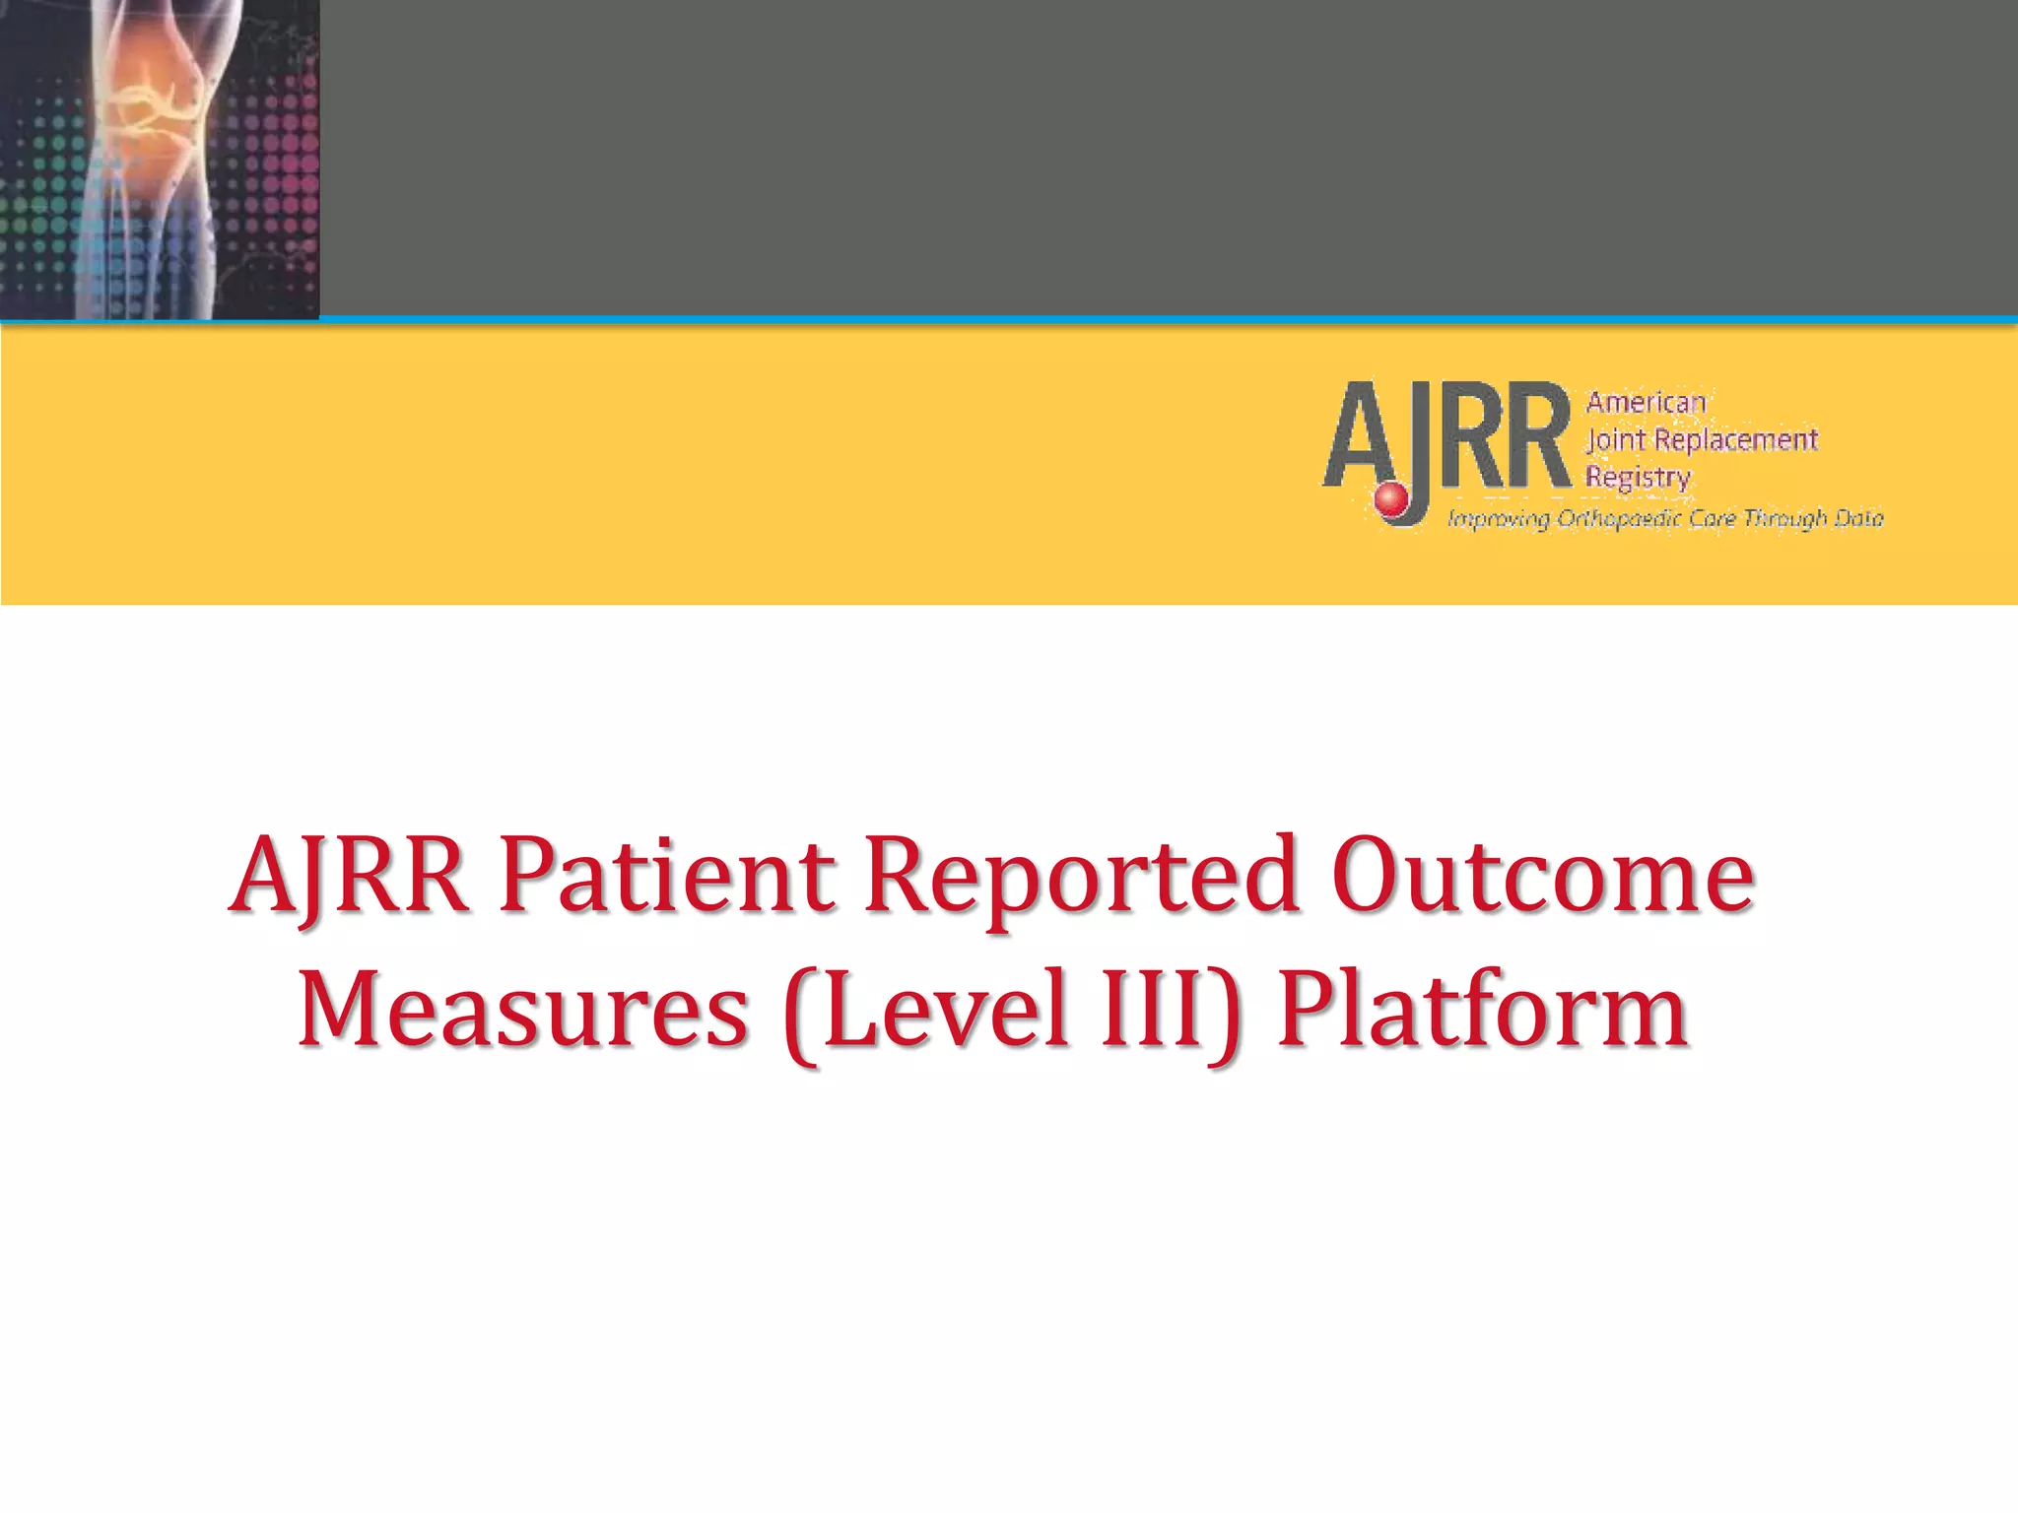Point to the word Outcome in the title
[x=1543, y=876]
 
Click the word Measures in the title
[x=523, y=1011]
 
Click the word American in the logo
[x=1646, y=402]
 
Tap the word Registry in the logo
[x=1638, y=477]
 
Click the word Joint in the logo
[x=1616, y=439]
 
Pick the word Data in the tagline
[x=1857, y=518]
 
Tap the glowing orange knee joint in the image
[x=163, y=108]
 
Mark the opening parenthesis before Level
[x=802, y=1015]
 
